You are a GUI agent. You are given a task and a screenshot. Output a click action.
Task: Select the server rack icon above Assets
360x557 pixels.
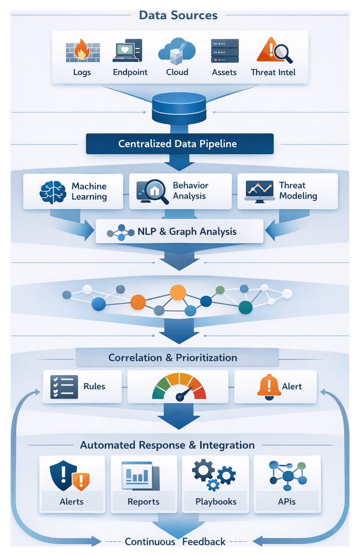224,51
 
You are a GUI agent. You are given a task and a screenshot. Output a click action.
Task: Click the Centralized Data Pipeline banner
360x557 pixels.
179,144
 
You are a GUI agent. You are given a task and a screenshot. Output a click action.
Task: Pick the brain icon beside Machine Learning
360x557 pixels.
53,191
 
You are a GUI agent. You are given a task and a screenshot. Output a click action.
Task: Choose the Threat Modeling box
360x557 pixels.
287,191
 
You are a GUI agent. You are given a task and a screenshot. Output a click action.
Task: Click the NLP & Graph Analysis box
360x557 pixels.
179,232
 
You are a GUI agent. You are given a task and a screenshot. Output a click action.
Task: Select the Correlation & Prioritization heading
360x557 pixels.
173,358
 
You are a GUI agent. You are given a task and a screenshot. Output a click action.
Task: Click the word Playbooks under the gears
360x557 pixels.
216,502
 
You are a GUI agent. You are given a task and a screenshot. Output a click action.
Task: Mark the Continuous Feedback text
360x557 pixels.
175,542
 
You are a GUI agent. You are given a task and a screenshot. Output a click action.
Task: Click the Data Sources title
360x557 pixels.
178,15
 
